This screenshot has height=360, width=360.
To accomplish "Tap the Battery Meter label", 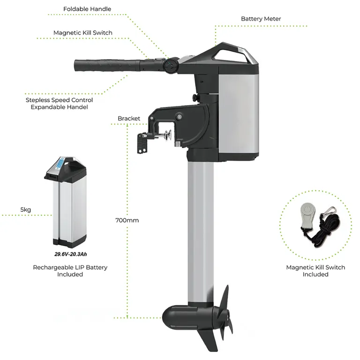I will pyautogui.click(x=261, y=19).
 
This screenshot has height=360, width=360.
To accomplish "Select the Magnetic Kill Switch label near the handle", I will pyautogui.click(x=82, y=33).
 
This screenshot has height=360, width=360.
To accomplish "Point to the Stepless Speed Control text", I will pyautogui.click(x=59, y=100).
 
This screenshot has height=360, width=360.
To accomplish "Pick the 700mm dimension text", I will pyautogui.click(x=127, y=220).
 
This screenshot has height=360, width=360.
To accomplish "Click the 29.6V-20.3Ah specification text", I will pyautogui.click(x=71, y=254).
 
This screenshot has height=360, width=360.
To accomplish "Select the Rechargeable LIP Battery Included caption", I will pyautogui.click(x=70, y=270).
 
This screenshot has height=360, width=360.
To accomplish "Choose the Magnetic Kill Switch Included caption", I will pyautogui.click(x=315, y=270).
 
